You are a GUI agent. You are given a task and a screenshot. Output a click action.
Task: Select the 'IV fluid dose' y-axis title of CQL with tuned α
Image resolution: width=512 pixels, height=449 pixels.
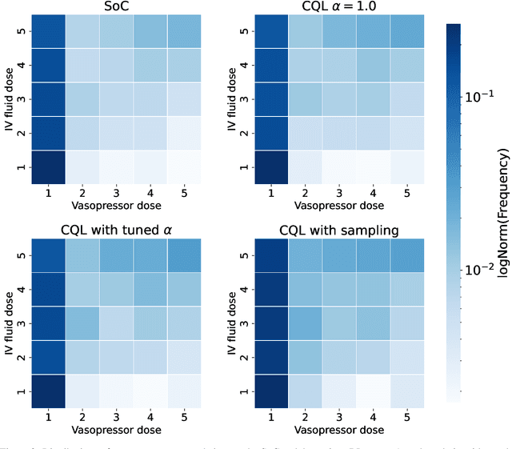pos(10,323)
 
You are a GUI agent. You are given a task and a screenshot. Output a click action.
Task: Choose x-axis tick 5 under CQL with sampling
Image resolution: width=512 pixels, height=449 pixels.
pos(406,416)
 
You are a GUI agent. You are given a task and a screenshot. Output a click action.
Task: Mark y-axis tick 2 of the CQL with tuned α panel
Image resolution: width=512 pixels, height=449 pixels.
pos(22,358)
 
